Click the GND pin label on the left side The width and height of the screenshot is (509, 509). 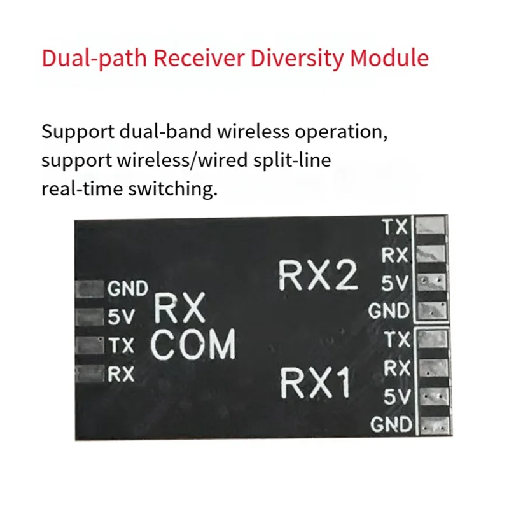pyautogui.click(x=127, y=289)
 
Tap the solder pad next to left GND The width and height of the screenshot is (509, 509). pyautogui.click(x=89, y=289)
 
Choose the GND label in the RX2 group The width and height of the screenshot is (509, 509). pyautogui.click(x=389, y=311)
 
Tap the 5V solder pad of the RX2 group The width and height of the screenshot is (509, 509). pyautogui.click(x=432, y=282)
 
